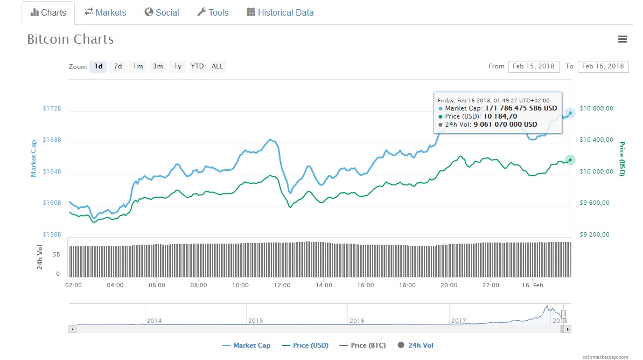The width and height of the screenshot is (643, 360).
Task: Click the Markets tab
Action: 105,12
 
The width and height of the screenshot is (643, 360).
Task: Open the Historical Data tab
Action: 280,12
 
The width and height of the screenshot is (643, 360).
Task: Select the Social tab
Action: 162,12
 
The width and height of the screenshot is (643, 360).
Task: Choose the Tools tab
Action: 213,12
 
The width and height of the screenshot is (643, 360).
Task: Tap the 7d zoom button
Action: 117,66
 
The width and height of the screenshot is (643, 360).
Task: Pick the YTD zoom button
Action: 197,66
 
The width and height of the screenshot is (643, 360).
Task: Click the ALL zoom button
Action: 217,66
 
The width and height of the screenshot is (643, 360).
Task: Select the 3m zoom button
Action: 158,66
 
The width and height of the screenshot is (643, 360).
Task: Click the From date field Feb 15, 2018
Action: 533,66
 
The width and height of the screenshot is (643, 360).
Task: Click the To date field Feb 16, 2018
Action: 603,66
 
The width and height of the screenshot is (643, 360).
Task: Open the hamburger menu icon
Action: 623,39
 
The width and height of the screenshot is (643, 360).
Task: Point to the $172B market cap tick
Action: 52,108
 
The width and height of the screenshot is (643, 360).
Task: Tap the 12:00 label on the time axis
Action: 282,285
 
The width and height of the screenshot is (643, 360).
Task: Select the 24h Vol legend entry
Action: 416,345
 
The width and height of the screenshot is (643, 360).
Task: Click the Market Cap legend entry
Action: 246,345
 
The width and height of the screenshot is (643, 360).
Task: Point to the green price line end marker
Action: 570,160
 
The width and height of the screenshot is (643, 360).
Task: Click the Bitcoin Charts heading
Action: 71,39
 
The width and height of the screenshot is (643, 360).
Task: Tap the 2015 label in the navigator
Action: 255,321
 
